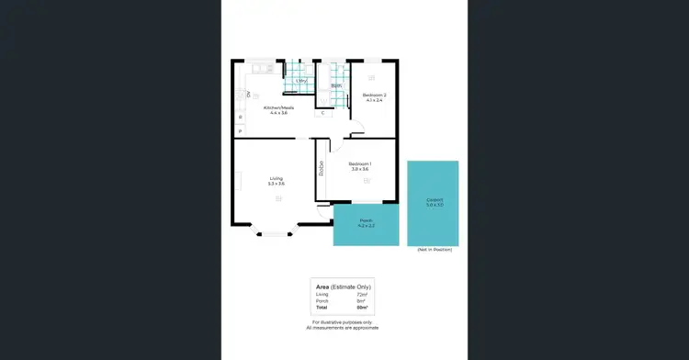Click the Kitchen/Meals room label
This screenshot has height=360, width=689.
(x=278, y=107)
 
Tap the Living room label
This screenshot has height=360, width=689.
(x=276, y=178)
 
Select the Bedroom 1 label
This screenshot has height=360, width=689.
(x=359, y=163)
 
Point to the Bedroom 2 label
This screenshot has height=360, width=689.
(x=374, y=96)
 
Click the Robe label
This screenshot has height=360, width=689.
(x=322, y=168)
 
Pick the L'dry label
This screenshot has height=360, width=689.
(x=301, y=81)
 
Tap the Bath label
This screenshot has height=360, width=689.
(x=337, y=86)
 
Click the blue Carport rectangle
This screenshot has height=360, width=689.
(x=434, y=203)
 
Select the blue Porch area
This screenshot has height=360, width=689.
(x=366, y=223)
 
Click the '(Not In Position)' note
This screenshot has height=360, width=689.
(x=435, y=250)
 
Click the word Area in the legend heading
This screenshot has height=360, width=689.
(x=322, y=287)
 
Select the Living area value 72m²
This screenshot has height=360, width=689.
(x=361, y=294)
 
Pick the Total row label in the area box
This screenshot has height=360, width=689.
(x=322, y=306)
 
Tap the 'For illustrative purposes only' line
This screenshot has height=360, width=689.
(x=342, y=321)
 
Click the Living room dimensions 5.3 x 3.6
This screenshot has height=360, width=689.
(x=276, y=184)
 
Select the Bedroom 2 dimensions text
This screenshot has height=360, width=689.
(x=374, y=101)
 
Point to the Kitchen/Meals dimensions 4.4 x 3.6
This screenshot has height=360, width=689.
(x=278, y=113)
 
